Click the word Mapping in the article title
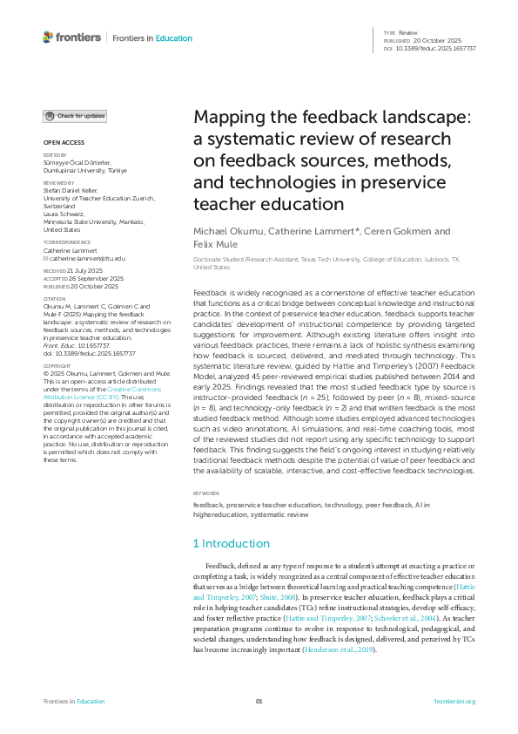(x=228, y=119)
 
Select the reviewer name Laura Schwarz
(x=63, y=212)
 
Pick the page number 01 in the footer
(x=259, y=702)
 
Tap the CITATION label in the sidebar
(x=54, y=299)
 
